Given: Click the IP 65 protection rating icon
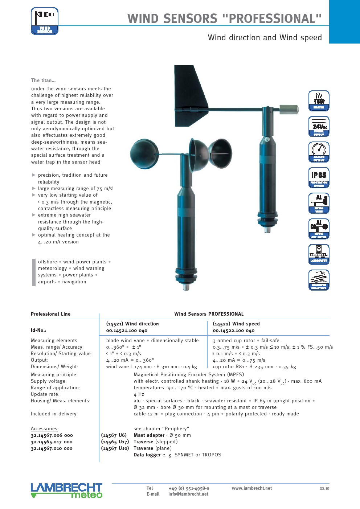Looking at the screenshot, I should (x=319, y=177).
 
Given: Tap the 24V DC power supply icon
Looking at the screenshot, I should (x=319, y=126).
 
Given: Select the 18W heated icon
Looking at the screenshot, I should (x=319, y=100).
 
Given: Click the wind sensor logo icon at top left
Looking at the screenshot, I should (x=45, y=21).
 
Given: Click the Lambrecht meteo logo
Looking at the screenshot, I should (x=66, y=490).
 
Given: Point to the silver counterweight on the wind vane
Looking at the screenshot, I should (x=289, y=108).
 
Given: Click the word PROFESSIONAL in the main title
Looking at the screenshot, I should (x=271, y=18).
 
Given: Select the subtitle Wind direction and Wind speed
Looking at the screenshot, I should (x=265, y=38).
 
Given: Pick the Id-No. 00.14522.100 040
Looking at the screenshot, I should (x=233, y=331).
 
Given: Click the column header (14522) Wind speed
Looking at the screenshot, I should (x=236, y=324).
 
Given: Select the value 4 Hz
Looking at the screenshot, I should (x=139, y=394).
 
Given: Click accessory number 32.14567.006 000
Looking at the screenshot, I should (x=52, y=435).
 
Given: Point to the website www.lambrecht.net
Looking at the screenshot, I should (x=251, y=488).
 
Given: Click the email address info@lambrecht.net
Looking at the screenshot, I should (x=188, y=494).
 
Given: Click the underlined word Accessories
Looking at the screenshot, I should (x=44, y=428).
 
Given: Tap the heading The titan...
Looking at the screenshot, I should (x=43, y=80).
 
